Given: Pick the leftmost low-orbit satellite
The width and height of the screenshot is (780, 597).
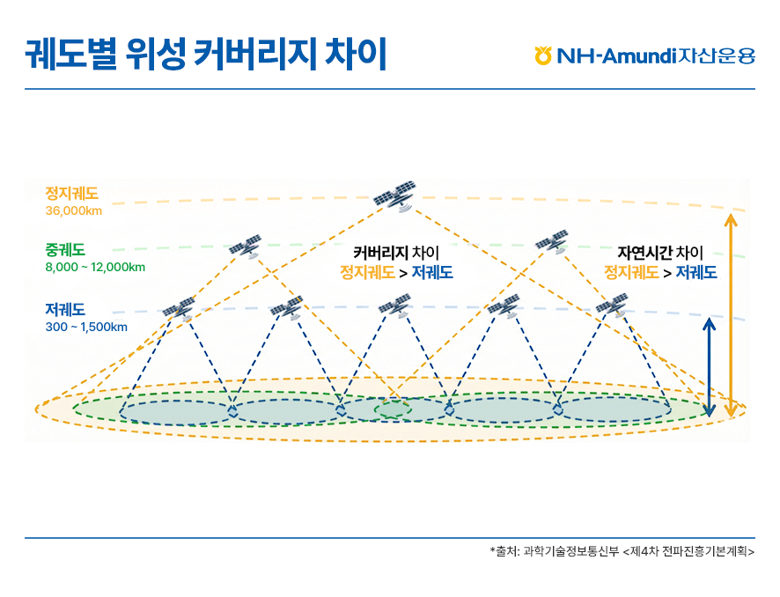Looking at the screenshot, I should [180, 308].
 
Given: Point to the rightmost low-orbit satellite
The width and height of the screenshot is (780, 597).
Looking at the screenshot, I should [612, 306].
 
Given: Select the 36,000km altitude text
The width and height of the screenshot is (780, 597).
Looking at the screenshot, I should [74, 210].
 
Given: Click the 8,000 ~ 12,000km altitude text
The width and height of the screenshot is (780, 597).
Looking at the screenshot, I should [95, 267].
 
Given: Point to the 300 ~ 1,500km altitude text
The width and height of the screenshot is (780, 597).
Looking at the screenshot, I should [86, 328].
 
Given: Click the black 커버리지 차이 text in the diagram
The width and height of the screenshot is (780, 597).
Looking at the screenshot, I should [395, 254].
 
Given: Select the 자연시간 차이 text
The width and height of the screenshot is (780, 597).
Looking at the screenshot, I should [660, 254].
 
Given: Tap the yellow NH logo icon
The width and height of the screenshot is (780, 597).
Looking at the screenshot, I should [543, 56].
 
